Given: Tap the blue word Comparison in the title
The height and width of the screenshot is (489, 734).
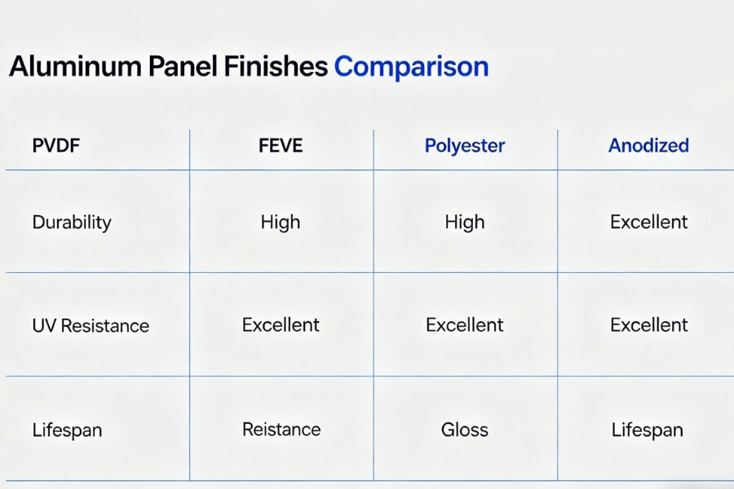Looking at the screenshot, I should coord(411,67).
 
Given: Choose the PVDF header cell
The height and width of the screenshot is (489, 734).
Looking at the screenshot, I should coord(56,146).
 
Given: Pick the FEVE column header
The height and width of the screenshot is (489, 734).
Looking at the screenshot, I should coord(281,146).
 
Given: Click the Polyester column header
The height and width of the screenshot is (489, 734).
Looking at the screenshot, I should coord(465,146).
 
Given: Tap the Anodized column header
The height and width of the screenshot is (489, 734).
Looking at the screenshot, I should coord(648,146).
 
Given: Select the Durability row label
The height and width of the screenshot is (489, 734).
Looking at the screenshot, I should coord(72,222).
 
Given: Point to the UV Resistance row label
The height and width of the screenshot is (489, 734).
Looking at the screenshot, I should coord(91,326).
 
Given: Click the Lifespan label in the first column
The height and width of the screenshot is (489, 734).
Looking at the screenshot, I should coord(67,430).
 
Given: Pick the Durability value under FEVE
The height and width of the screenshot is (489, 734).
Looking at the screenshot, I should coord(281,222).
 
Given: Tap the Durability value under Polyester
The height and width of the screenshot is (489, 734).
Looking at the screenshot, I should coord(465,222).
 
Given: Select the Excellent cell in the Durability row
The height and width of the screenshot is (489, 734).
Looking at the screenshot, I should coord(649,222).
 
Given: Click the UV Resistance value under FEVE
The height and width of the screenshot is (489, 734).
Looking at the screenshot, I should coord(281,324).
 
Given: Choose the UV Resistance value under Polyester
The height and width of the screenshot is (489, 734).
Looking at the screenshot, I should coord(465,324).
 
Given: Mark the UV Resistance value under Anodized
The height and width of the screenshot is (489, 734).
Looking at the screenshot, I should coord(649,324).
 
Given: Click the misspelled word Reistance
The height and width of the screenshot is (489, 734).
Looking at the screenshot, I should coord(281,429).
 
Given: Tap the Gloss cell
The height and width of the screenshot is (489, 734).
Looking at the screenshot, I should coord(465,430).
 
